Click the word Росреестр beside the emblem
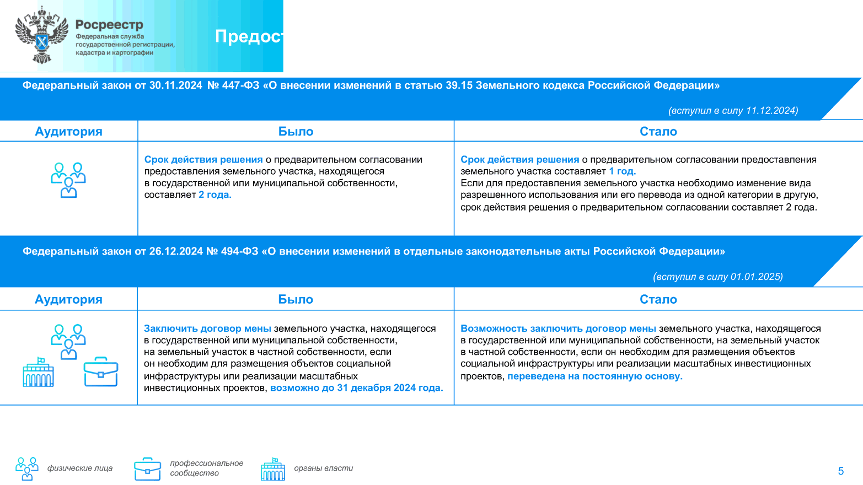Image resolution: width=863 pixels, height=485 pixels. [109, 25]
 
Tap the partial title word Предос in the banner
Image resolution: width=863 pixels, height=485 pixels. [249, 36]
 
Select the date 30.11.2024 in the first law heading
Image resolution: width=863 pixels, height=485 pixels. [175, 85]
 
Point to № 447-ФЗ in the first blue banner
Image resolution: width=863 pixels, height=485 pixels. [233, 85]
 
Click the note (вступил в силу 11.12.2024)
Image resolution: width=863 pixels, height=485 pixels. [733, 111]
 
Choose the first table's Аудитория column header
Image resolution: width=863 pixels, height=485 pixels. [68, 132]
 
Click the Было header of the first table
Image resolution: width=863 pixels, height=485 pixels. [296, 132]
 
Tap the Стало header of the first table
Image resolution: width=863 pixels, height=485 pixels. [658, 132]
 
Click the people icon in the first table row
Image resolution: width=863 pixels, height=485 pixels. [68, 180]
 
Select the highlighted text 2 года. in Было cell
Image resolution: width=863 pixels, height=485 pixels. [215, 195]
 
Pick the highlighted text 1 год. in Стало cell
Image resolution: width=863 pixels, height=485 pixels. [622, 171]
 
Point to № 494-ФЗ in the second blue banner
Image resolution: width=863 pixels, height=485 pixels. [232, 251]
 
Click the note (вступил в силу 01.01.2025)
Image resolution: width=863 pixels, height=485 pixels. [717, 277]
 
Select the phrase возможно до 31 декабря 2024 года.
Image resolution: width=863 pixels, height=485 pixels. [356, 388]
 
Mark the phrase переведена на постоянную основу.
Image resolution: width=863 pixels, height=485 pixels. [594, 376]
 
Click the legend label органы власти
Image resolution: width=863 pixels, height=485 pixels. [323, 468]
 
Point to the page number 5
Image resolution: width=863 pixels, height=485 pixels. [840, 471]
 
